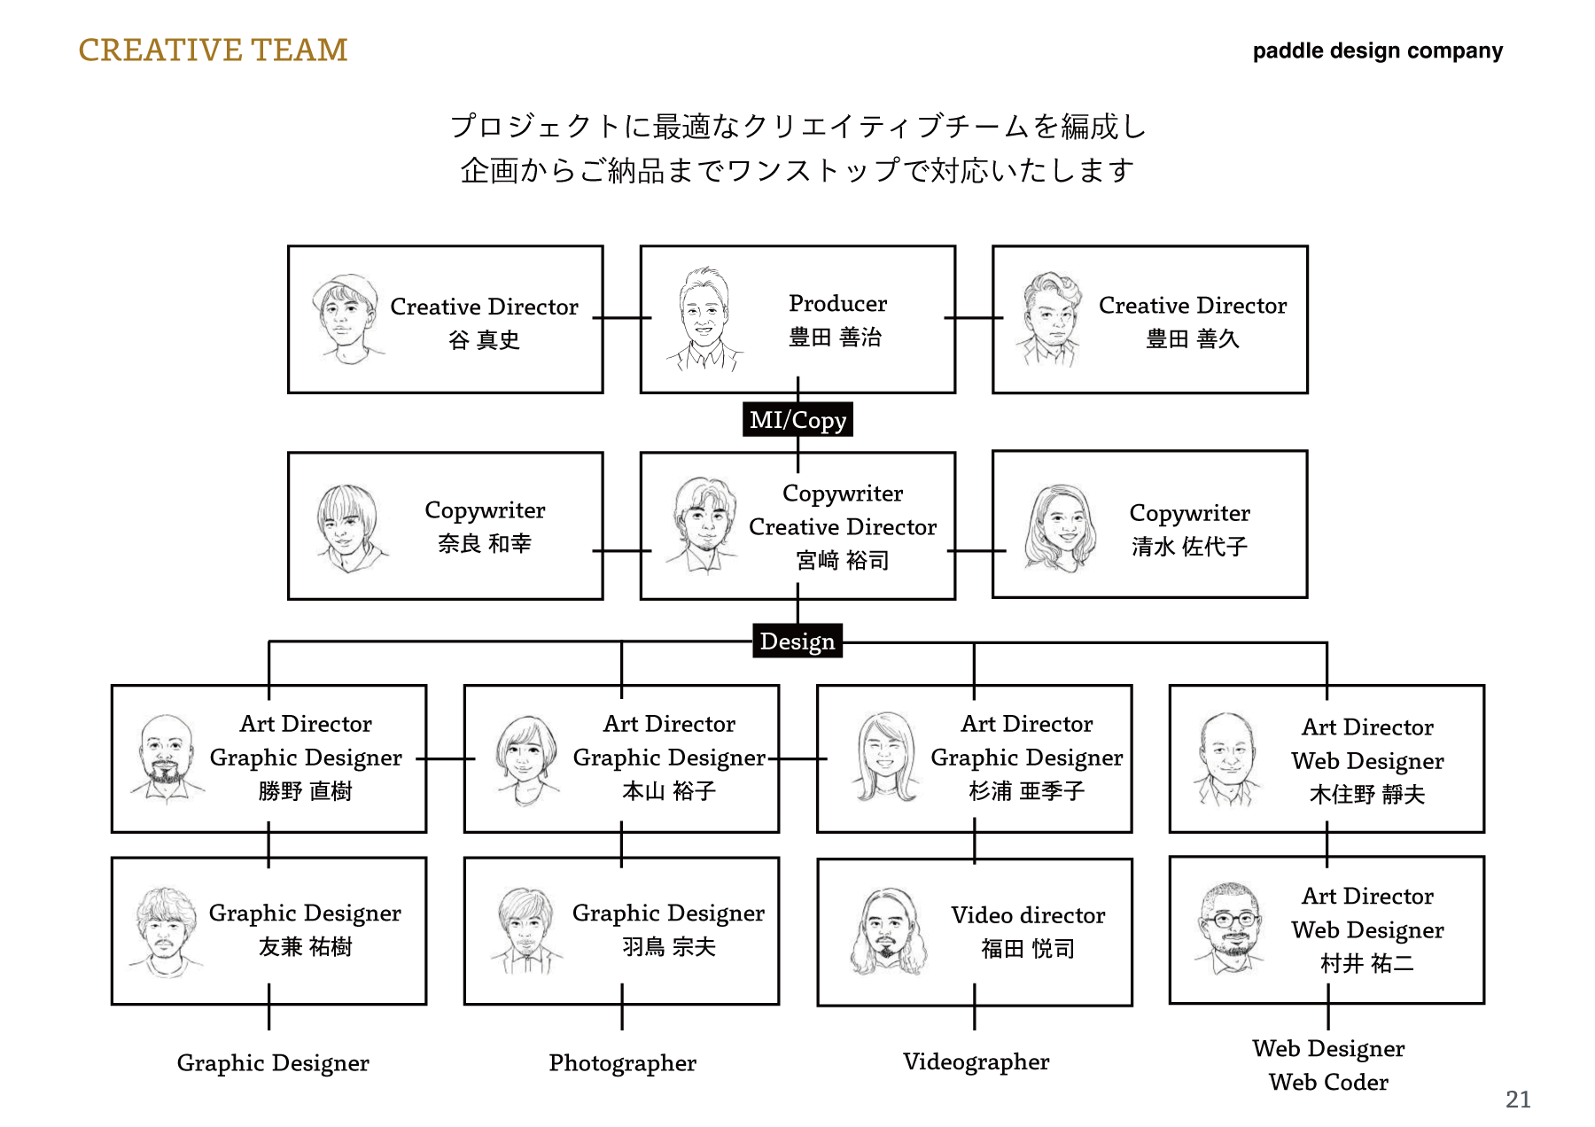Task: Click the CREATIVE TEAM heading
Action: (x=213, y=51)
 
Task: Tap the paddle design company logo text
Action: (x=1377, y=51)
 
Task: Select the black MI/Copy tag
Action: (x=797, y=420)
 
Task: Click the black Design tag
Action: (x=797, y=641)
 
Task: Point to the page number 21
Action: (x=1518, y=1100)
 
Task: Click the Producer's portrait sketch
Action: (x=704, y=319)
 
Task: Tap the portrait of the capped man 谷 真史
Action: (x=346, y=319)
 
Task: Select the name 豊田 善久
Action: (x=1192, y=339)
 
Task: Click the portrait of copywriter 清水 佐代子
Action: (x=1060, y=528)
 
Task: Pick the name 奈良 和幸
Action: (x=484, y=543)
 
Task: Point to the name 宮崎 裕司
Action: (x=842, y=560)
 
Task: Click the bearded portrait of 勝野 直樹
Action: (x=166, y=759)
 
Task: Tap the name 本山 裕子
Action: (x=668, y=791)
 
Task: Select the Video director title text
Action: (x=1028, y=915)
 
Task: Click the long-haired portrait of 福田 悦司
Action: (x=887, y=933)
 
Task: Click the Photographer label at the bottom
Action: (x=622, y=1062)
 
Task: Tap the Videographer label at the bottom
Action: (x=976, y=1061)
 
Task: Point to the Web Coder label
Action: (x=1328, y=1082)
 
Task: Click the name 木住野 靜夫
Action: (x=1367, y=795)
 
